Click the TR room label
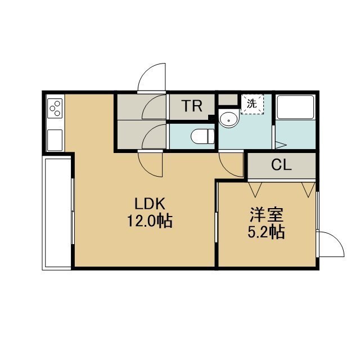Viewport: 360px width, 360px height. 192,106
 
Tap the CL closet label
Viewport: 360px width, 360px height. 281,165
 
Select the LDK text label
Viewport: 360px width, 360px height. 150,204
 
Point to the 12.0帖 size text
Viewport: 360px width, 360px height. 150,221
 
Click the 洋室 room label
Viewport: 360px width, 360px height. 267,214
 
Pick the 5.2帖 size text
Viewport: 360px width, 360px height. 266,232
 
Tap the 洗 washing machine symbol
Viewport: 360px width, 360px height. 252,104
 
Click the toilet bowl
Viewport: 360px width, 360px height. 202,136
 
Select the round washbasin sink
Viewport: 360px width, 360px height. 229,119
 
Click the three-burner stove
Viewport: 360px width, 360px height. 55,109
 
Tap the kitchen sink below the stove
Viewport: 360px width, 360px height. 55,140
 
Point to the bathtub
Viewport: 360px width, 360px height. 295,107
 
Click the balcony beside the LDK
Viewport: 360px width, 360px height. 57,213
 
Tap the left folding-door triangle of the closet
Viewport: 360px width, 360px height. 255,190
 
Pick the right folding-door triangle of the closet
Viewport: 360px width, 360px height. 308,190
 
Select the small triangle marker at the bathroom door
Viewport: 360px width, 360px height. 281,145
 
